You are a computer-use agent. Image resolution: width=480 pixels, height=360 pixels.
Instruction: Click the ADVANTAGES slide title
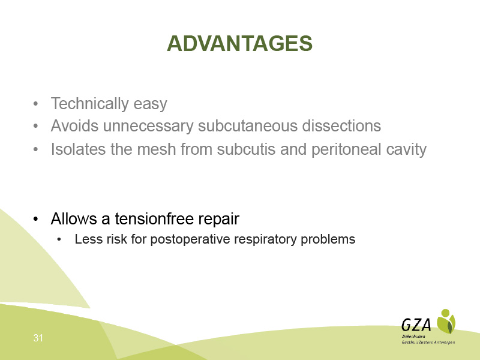click(x=239, y=43)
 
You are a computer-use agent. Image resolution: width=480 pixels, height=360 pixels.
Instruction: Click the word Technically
click(x=89, y=104)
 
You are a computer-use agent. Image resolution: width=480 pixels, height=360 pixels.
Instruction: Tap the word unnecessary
click(x=148, y=127)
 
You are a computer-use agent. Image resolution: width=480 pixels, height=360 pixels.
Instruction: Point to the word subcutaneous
click(x=248, y=125)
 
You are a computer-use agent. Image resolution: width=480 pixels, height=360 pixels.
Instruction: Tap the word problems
click(x=328, y=239)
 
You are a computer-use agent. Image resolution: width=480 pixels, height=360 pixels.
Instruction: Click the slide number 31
click(x=38, y=338)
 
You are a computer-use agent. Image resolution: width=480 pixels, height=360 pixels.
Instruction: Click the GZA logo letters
click(x=416, y=325)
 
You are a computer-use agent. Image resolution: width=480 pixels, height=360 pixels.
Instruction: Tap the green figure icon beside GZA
click(x=446, y=322)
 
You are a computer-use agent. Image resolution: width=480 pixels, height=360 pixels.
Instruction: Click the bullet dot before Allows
click(x=36, y=219)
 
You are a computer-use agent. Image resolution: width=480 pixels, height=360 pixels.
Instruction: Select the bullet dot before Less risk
click(x=59, y=239)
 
